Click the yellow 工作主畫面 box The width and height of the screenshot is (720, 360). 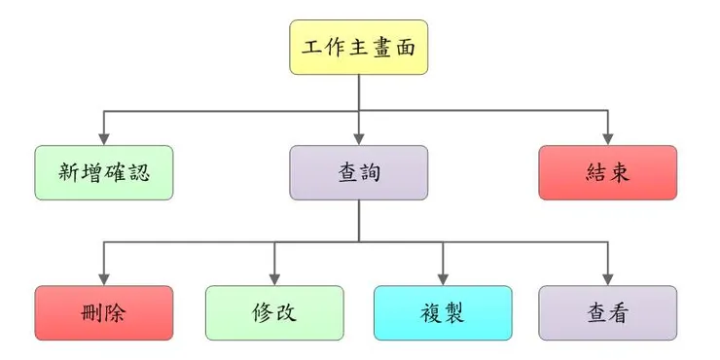(x=359, y=48)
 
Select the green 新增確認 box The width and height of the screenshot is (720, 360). (x=104, y=172)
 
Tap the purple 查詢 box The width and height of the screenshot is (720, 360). (x=359, y=172)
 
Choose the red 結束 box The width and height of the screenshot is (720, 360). (x=607, y=172)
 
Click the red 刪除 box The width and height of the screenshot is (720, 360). (x=104, y=312)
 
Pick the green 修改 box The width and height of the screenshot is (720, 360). (x=274, y=312)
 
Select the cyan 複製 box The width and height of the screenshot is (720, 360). (x=443, y=312)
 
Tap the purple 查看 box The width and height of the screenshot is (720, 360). (x=607, y=312)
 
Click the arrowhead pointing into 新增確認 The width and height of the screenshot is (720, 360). (x=104, y=139)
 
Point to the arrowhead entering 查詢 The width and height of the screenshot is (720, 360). (x=359, y=139)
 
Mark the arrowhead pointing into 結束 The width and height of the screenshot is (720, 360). (x=607, y=139)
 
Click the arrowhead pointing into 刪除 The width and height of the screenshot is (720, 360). (x=104, y=279)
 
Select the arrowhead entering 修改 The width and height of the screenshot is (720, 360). (x=274, y=279)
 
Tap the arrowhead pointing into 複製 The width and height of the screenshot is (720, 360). (x=443, y=279)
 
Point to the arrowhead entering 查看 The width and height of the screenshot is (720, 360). (x=607, y=279)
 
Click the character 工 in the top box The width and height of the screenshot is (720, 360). (x=312, y=48)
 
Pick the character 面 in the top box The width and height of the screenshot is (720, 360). (x=405, y=48)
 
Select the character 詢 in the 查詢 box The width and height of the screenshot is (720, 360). (x=370, y=172)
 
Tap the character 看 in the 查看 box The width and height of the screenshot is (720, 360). (x=618, y=312)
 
